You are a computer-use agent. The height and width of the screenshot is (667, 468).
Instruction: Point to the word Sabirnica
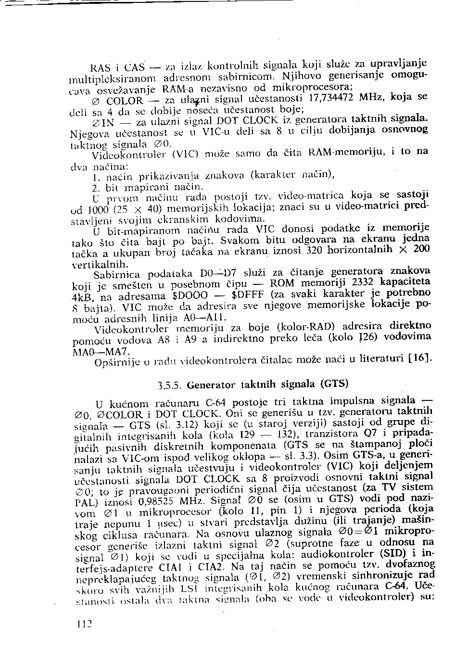pos(116,275)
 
